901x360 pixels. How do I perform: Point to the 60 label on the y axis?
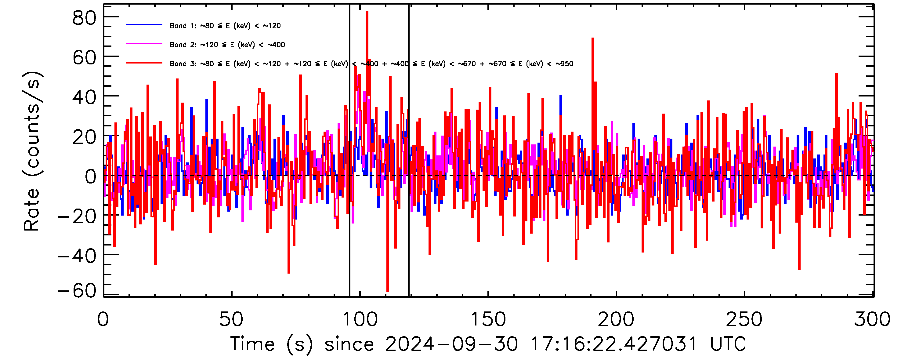pos(84,58)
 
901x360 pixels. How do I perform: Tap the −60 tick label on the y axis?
pos(77,290)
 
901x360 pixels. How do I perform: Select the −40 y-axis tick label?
pos(77,256)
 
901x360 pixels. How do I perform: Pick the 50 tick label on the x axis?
pos(231,319)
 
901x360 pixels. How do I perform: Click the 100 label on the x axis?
pos(360,319)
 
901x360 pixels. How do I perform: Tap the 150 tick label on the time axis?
pos(488,319)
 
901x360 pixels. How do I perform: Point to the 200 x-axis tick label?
pos(616,319)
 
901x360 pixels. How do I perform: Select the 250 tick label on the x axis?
pos(744,319)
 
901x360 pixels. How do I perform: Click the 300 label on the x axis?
pos(872,319)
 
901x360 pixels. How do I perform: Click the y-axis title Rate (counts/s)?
pos(32,151)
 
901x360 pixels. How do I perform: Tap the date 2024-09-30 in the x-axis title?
pos(451,344)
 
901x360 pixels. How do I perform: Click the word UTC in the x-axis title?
pos(728,344)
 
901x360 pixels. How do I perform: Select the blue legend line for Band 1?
pos(144,25)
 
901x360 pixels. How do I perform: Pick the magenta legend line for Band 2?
pos(144,44)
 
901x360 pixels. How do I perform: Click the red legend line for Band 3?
pos(144,63)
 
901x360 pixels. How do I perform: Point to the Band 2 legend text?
pos(227,45)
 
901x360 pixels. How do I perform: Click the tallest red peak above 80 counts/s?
pos(367,13)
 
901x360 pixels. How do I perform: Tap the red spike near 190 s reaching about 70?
pos(592,39)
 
